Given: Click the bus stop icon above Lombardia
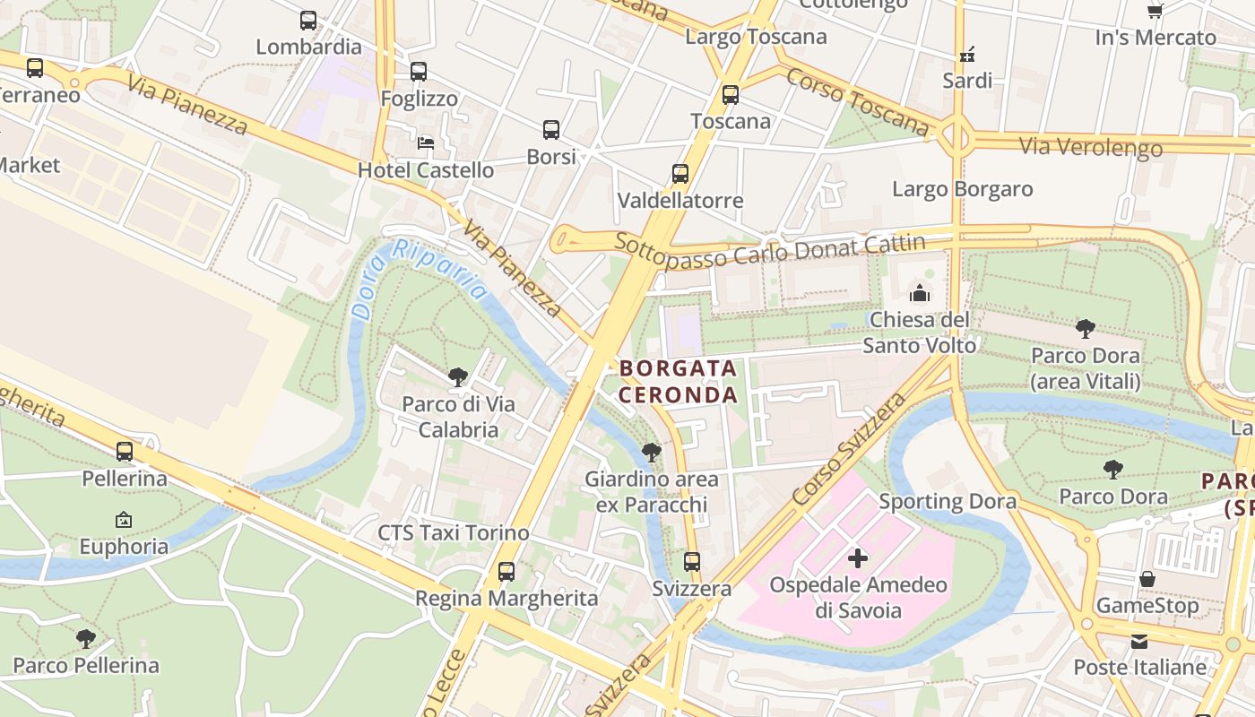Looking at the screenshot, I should [x=308, y=20].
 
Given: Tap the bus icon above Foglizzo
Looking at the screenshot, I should [x=419, y=72].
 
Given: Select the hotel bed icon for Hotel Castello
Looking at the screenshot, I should [x=427, y=143].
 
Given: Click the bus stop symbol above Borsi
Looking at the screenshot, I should [x=551, y=130].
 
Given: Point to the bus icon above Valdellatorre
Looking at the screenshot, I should [x=680, y=174].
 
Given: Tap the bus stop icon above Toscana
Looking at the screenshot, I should [x=731, y=94].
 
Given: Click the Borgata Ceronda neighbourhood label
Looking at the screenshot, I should [x=679, y=381].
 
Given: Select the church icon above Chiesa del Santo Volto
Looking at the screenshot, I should [x=920, y=293].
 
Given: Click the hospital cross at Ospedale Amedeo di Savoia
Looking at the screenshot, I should [x=858, y=558].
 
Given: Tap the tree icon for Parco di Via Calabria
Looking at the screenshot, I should [x=458, y=377].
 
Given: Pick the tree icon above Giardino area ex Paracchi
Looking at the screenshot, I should [x=652, y=453].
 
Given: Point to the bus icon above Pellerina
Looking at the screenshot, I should [x=125, y=452].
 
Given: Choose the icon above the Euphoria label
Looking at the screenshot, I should [x=124, y=520].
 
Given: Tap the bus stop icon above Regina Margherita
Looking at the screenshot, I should [x=506, y=571].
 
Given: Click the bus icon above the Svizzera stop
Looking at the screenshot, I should [x=692, y=562].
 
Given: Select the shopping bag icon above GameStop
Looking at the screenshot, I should [x=1147, y=579].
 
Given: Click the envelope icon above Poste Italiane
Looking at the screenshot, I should [x=1139, y=641].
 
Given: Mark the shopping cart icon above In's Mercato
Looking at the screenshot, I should [x=1155, y=11].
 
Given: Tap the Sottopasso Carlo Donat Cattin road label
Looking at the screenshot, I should [x=770, y=250].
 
